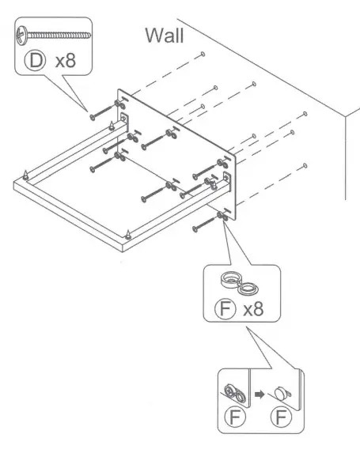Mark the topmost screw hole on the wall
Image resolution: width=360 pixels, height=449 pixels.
(204, 54)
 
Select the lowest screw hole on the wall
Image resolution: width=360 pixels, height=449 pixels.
(305, 166)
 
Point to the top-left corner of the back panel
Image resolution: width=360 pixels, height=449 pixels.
(119, 89)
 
